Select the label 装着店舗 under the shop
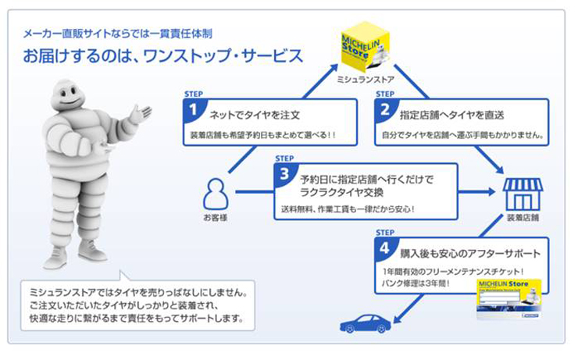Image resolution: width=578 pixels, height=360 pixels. pyautogui.click(x=522, y=218)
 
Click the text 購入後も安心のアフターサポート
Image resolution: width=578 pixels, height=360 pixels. pyautogui.click(x=470, y=253)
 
